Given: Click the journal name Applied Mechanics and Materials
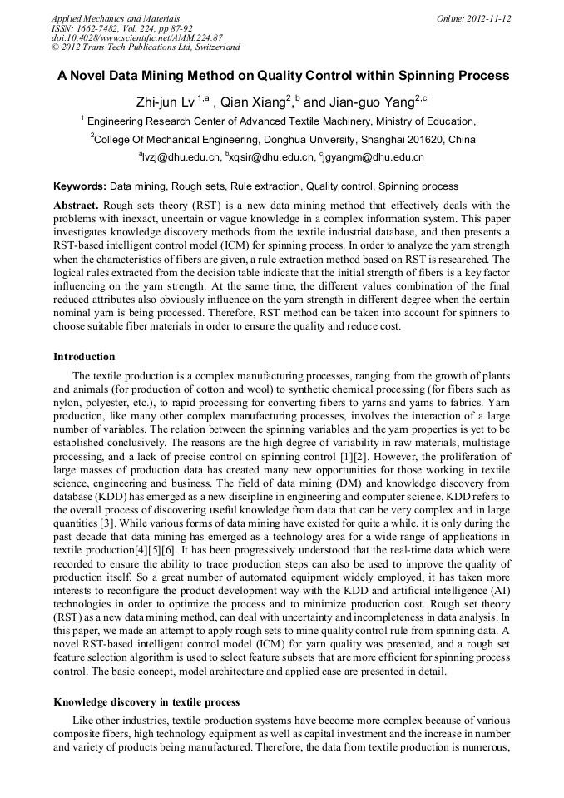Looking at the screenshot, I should pyautogui.click(x=116, y=18).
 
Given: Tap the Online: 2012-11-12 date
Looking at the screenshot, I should pyautogui.click(x=473, y=18).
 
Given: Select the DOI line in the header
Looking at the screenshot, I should pyautogui.click(x=137, y=37).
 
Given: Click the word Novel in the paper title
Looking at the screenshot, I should pyautogui.click(x=92, y=76).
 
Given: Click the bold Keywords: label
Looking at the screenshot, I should pyautogui.click(x=80, y=186).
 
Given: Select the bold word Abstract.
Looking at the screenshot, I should pyautogui.click(x=77, y=205).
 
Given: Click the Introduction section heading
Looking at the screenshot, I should pyautogui.click(x=84, y=357).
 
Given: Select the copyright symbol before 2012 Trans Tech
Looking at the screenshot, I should pyautogui.click(x=55, y=47).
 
